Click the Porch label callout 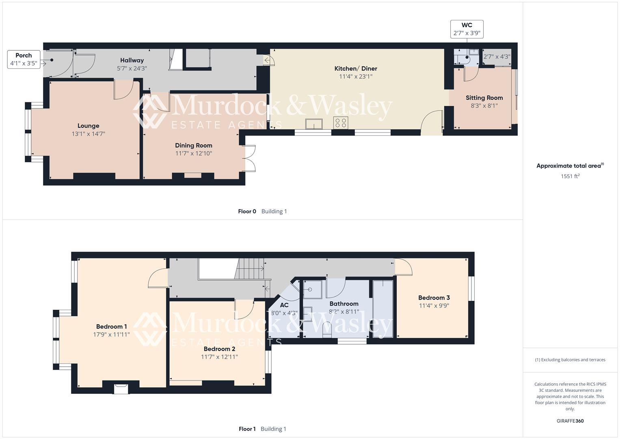(24, 59)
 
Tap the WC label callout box (467, 29)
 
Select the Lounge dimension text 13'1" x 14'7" (88, 134)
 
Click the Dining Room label (193, 146)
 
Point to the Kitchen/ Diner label (356, 69)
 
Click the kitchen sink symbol (314, 124)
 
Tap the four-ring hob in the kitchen (340, 123)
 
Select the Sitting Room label (484, 98)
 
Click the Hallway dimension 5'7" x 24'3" (132, 68)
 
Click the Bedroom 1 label (111, 326)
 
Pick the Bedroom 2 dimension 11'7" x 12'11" (219, 357)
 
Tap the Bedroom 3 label (434, 298)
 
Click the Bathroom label (343, 304)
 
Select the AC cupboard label (284, 305)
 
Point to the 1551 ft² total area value (570, 176)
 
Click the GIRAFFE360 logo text (570, 421)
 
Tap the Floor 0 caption (247, 211)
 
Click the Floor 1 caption (247, 429)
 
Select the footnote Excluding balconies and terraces (570, 360)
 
